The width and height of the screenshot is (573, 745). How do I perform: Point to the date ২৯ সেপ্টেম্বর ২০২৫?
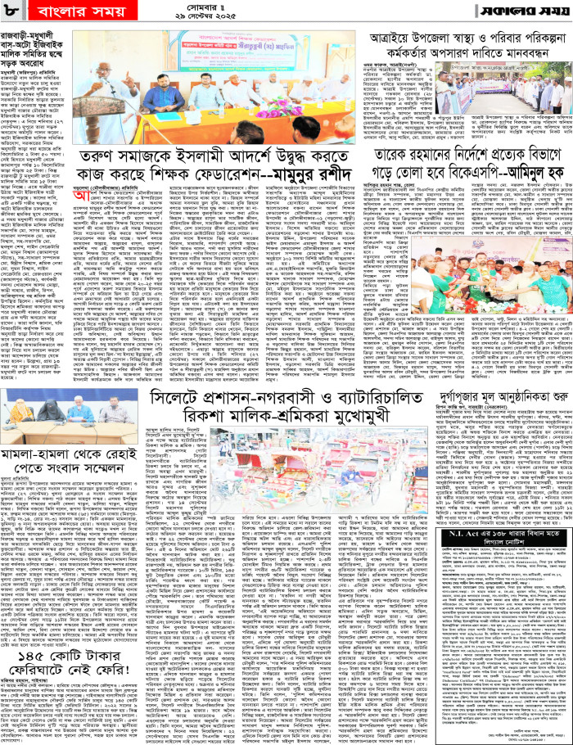[x=286, y=20]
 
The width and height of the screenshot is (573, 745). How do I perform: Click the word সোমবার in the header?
[x=286, y=9]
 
